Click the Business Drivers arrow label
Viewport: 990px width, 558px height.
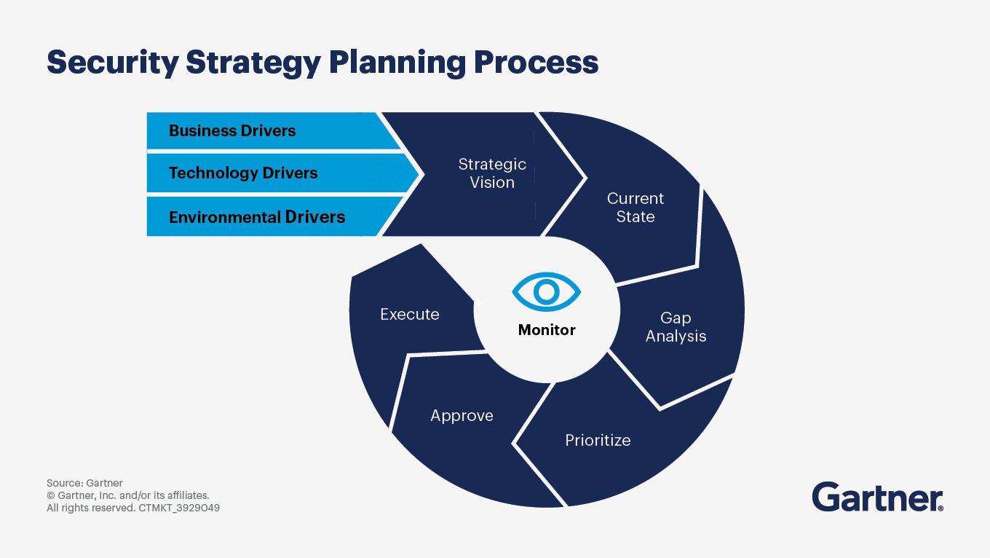[232, 131]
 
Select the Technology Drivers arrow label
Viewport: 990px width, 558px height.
[243, 173]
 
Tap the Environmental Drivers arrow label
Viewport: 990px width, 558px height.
[257, 217]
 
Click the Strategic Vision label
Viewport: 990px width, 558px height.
[492, 173]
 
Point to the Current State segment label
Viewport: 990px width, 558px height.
[635, 208]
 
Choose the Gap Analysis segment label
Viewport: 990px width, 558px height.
[676, 327]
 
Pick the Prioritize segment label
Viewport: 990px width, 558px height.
[598, 440]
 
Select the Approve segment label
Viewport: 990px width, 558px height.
[462, 416]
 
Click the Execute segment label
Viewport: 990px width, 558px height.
[410, 315]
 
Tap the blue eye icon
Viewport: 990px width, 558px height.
[547, 292]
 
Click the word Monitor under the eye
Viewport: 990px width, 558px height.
[547, 330]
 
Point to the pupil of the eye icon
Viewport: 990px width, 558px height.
[547, 292]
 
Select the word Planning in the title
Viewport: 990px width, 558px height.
[396, 63]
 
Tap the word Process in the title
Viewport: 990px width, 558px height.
[536, 63]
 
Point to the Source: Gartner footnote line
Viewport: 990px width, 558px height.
[84, 483]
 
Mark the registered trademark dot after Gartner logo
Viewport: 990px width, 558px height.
[940, 508]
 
